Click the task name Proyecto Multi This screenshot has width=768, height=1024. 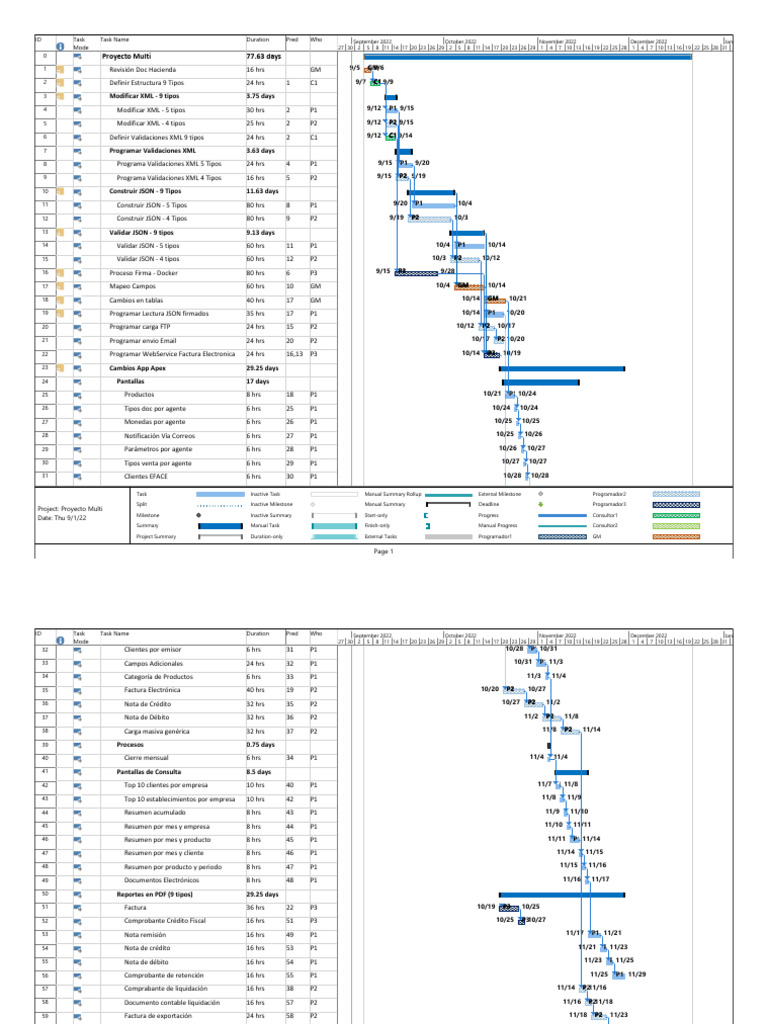tap(126, 57)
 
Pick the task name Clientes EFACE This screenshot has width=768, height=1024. tap(146, 477)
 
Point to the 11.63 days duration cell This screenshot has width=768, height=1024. tap(264, 191)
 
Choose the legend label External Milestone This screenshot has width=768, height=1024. tap(502, 494)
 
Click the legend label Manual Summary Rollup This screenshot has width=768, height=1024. tap(392, 494)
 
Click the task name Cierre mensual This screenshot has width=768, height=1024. tap(144, 758)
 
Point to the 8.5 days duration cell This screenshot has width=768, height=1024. tap(259, 772)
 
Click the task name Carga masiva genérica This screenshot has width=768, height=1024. tap(158, 731)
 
